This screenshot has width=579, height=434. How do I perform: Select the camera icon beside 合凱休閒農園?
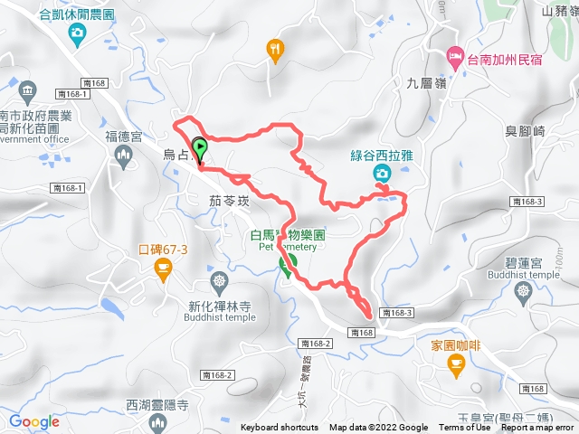(x=78, y=34)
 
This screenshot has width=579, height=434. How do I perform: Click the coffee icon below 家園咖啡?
(x=454, y=363)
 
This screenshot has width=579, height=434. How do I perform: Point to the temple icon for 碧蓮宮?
(x=523, y=291)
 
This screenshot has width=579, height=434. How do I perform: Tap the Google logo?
(x=34, y=421)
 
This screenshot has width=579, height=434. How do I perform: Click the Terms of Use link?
(x=464, y=428)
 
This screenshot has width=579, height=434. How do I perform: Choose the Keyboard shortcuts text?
(x=279, y=428)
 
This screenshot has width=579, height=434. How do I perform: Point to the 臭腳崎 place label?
(x=527, y=131)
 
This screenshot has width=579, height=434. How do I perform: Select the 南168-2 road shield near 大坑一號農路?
(x=312, y=344)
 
